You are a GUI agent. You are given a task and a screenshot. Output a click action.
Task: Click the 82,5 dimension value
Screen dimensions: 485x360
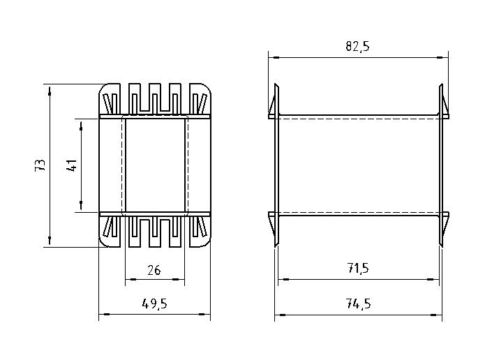(x=357, y=46)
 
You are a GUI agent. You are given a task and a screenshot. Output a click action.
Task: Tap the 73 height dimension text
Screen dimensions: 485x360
(x=40, y=165)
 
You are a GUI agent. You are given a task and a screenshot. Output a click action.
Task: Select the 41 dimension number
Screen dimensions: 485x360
(x=71, y=165)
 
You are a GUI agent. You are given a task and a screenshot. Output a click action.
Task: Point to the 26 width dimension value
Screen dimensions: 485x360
(x=154, y=270)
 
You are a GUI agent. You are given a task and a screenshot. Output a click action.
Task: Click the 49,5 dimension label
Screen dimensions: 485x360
(x=155, y=303)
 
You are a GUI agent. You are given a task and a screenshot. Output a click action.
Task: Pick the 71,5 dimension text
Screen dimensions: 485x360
(x=358, y=268)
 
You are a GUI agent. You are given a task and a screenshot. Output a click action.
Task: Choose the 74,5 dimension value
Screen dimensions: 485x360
(x=358, y=303)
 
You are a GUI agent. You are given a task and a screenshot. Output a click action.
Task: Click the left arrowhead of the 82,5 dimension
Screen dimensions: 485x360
(x=274, y=57)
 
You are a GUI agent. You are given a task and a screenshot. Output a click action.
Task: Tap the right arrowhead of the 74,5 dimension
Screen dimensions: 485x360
(x=437, y=315)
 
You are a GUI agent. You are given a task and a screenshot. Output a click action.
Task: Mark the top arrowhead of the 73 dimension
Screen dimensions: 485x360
(x=50, y=92)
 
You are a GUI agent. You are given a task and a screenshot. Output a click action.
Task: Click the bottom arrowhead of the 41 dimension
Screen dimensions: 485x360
(x=81, y=205)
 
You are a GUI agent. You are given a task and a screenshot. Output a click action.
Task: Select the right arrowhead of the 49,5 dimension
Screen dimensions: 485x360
(x=204, y=314)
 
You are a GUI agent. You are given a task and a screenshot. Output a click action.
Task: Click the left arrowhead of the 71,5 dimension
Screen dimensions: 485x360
(x=283, y=279)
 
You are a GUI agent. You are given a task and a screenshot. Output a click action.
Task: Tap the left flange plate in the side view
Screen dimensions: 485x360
(x=276, y=165)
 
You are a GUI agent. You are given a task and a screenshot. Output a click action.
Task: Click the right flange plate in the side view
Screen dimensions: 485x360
(x=441, y=165)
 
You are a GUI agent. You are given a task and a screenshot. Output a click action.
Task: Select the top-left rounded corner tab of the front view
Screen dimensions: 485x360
(x=110, y=99)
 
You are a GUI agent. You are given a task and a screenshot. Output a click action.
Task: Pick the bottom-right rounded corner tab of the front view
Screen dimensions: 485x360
(x=200, y=232)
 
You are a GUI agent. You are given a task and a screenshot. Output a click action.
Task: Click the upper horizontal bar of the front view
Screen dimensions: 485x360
(x=155, y=117)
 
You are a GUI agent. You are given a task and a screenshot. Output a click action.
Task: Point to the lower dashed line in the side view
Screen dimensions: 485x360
(x=359, y=213)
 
